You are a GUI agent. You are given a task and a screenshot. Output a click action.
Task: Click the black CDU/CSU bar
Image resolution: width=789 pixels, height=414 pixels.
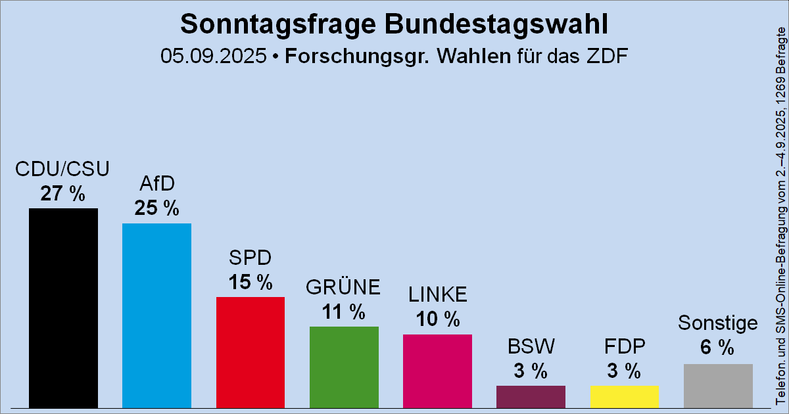point(63,308)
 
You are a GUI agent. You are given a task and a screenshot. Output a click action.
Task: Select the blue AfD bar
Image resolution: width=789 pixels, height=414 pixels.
point(156,315)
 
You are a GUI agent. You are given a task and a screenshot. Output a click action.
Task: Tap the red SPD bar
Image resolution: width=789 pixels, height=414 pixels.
point(250,352)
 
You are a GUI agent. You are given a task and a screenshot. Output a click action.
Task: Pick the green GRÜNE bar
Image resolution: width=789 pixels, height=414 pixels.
point(344,367)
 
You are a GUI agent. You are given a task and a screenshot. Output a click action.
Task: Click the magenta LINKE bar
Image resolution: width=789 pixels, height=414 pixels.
point(437,371)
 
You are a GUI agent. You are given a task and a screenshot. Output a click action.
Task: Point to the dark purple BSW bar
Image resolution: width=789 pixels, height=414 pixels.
point(531,396)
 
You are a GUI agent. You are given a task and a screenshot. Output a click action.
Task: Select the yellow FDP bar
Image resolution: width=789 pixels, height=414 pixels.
point(624,396)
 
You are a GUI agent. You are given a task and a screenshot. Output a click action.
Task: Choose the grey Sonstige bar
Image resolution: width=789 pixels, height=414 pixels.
point(718,386)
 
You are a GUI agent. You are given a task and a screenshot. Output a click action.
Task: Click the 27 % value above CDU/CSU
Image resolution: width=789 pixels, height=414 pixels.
point(62,194)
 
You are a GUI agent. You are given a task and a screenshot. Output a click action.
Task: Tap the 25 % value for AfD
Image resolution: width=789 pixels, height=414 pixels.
point(156,208)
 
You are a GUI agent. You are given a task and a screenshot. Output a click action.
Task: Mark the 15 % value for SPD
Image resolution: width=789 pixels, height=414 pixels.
point(250,282)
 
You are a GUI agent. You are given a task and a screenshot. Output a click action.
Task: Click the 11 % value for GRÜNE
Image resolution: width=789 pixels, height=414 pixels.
point(344,311)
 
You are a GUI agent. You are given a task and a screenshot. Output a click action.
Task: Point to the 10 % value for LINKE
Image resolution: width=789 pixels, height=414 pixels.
point(437,319)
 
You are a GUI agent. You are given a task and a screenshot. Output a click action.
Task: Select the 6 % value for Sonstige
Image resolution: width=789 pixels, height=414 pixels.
point(717,348)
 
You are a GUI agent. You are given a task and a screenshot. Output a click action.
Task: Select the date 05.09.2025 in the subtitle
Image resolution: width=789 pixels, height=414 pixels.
point(212,56)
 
